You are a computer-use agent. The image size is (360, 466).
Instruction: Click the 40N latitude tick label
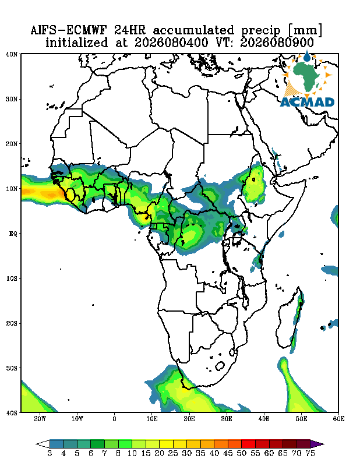tap(12, 54)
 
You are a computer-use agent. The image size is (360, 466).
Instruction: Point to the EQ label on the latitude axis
tap(13, 234)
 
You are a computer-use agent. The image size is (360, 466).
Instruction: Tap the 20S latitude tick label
tap(12, 323)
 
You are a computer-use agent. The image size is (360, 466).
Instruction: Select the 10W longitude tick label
tap(77, 419)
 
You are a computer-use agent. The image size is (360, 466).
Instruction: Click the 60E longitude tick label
tap(338, 419)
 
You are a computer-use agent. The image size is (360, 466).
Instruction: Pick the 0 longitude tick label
tap(114, 419)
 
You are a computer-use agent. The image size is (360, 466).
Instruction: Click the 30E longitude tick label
tap(227, 419)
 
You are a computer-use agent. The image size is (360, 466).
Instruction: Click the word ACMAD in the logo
tap(307, 103)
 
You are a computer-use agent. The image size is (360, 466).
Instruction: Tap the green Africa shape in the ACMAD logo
tap(306, 76)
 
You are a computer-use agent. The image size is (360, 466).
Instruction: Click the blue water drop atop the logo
tap(307, 56)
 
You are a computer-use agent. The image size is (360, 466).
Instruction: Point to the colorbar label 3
tap(50, 454)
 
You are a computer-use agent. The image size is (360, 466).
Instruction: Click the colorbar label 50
tap(241, 454)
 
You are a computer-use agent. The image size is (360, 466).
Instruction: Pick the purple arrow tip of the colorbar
tap(316, 444)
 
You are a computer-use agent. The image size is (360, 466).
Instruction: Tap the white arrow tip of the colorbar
tap(43, 444)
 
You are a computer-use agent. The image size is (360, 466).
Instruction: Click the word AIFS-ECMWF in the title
tap(70, 31)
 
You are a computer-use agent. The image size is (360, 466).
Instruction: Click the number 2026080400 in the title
tap(171, 43)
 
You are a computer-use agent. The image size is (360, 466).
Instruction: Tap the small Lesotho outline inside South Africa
tap(220, 366)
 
